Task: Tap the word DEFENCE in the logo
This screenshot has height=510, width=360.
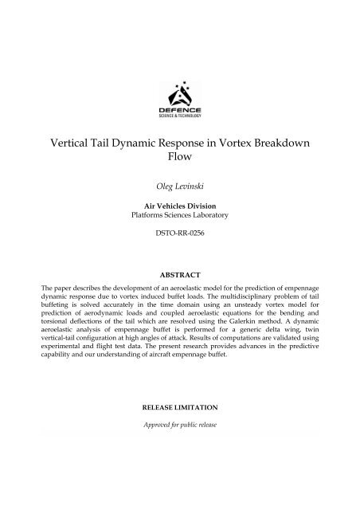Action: (x=179, y=111)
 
